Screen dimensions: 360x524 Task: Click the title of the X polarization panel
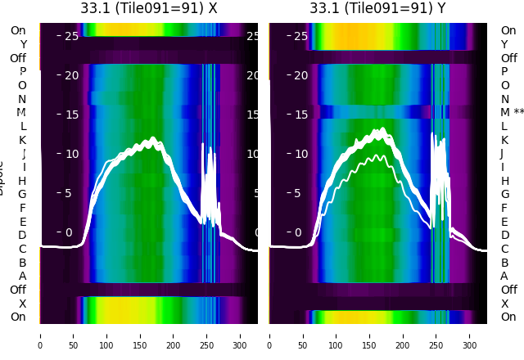(149, 8)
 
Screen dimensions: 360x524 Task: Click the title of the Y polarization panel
(377, 8)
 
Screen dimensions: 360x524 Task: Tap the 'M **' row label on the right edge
(512, 112)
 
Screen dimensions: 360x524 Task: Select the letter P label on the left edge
(22, 71)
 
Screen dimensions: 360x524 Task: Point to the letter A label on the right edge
(505, 276)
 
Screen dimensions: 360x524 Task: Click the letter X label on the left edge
(22, 304)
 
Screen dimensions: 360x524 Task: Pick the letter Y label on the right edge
(505, 44)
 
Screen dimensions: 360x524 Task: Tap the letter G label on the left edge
(22, 194)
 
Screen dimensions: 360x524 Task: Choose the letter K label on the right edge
(505, 140)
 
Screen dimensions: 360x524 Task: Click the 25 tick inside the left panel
(72, 36)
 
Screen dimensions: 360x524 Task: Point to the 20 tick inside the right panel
(301, 75)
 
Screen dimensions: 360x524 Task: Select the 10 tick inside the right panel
(301, 154)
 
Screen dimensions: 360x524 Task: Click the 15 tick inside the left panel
(72, 115)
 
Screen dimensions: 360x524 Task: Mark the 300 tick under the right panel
(470, 335)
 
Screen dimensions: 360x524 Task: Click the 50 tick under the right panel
(303, 335)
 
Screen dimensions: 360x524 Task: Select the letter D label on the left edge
(22, 235)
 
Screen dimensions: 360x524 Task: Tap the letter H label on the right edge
(505, 181)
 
